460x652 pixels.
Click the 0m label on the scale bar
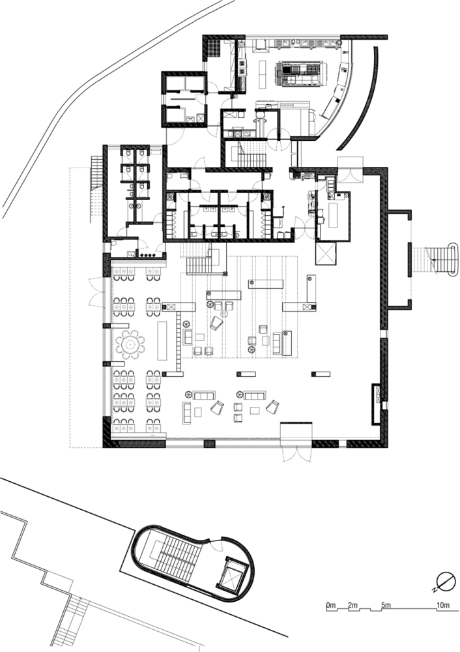(331, 605)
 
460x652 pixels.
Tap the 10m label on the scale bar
(443, 605)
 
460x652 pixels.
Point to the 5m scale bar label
(386, 605)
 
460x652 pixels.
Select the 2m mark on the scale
(352, 605)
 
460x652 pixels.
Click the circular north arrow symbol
(446, 582)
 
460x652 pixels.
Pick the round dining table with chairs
(130, 344)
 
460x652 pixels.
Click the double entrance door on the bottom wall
(296, 451)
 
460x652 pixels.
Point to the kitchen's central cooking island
(300, 74)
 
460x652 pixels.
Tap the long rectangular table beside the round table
(162, 340)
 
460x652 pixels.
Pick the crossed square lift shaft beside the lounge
(325, 254)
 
